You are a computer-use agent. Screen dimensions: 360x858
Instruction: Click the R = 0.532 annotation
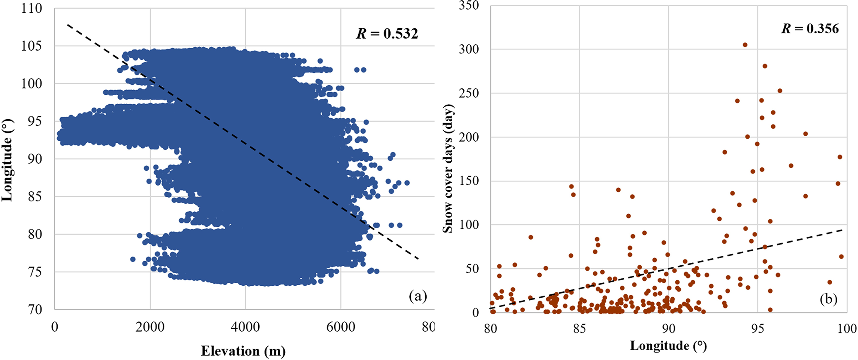(387, 34)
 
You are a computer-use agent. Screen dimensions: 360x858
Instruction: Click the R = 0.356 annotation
(810, 28)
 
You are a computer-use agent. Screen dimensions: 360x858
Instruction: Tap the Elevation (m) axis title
(243, 351)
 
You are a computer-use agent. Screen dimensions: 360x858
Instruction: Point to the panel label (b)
(828, 299)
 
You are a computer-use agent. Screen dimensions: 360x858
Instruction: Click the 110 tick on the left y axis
(32, 8)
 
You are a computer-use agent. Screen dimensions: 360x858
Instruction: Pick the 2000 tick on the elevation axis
(150, 327)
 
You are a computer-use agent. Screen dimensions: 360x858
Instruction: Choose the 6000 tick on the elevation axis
(340, 327)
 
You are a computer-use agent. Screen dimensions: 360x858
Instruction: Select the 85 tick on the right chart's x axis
(579, 329)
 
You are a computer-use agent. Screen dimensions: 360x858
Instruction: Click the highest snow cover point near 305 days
(745, 45)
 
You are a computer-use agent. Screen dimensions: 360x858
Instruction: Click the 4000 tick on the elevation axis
(245, 327)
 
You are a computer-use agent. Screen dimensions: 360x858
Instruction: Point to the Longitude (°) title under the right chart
(668, 345)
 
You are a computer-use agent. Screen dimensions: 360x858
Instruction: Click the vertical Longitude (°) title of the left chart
(7, 160)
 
